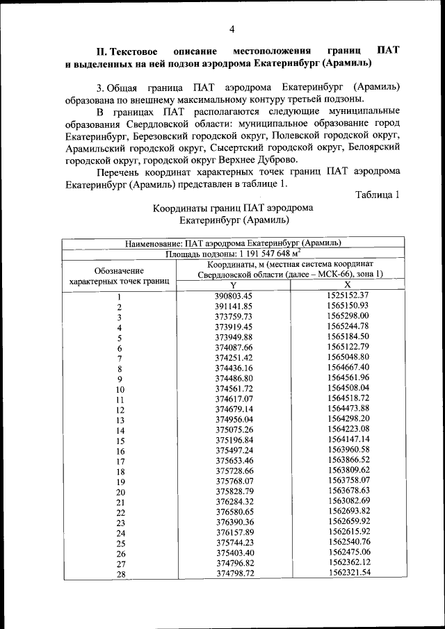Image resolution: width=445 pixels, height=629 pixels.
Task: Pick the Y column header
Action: click(233, 286)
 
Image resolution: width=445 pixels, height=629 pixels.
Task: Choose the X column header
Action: click(347, 286)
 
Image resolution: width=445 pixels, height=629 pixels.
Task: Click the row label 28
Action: click(120, 574)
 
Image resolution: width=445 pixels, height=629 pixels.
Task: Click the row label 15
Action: click(120, 441)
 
